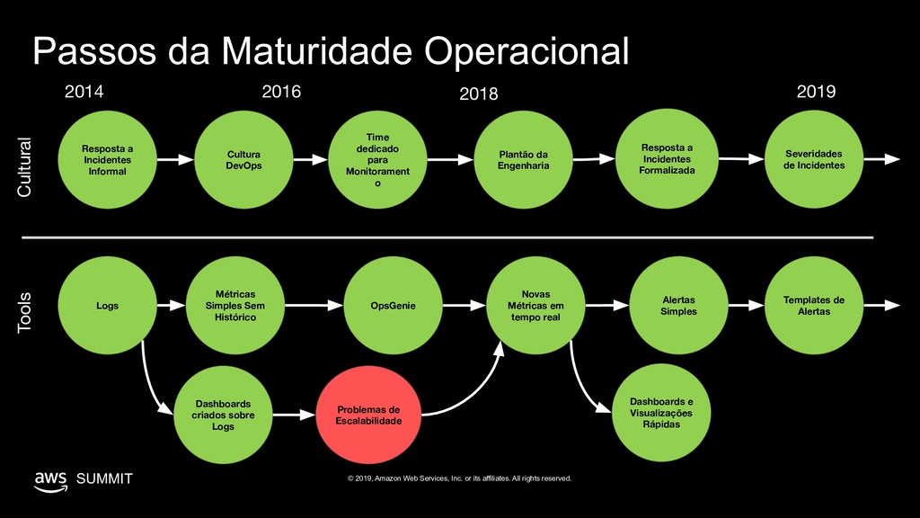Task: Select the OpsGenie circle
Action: tap(393, 306)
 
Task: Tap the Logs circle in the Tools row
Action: tap(107, 306)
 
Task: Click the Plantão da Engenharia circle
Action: tap(523, 160)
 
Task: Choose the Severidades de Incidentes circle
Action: tap(813, 160)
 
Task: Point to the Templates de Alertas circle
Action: tap(813, 306)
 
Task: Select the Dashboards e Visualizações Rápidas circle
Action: tap(660, 413)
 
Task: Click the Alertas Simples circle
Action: tap(678, 306)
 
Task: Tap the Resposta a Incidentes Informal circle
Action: tap(107, 160)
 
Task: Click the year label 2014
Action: tap(85, 92)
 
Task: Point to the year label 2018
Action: tap(478, 94)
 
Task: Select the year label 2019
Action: tap(816, 92)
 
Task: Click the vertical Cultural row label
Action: tap(24, 167)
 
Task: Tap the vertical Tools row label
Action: tap(24, 312)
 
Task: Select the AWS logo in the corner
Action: tap(50, 479)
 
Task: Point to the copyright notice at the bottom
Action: tap(459, 478)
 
